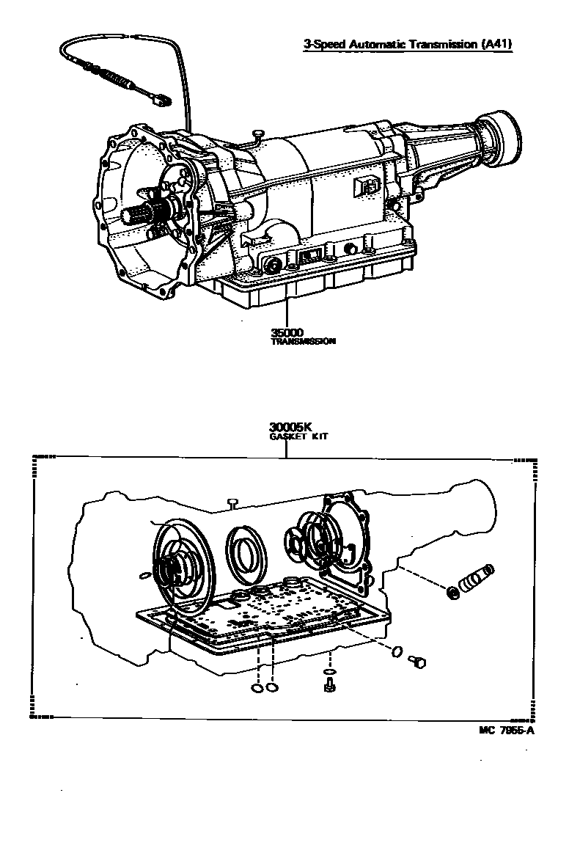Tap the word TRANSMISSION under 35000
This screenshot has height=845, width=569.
pos(303,342)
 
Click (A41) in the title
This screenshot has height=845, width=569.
pos(496,44)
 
